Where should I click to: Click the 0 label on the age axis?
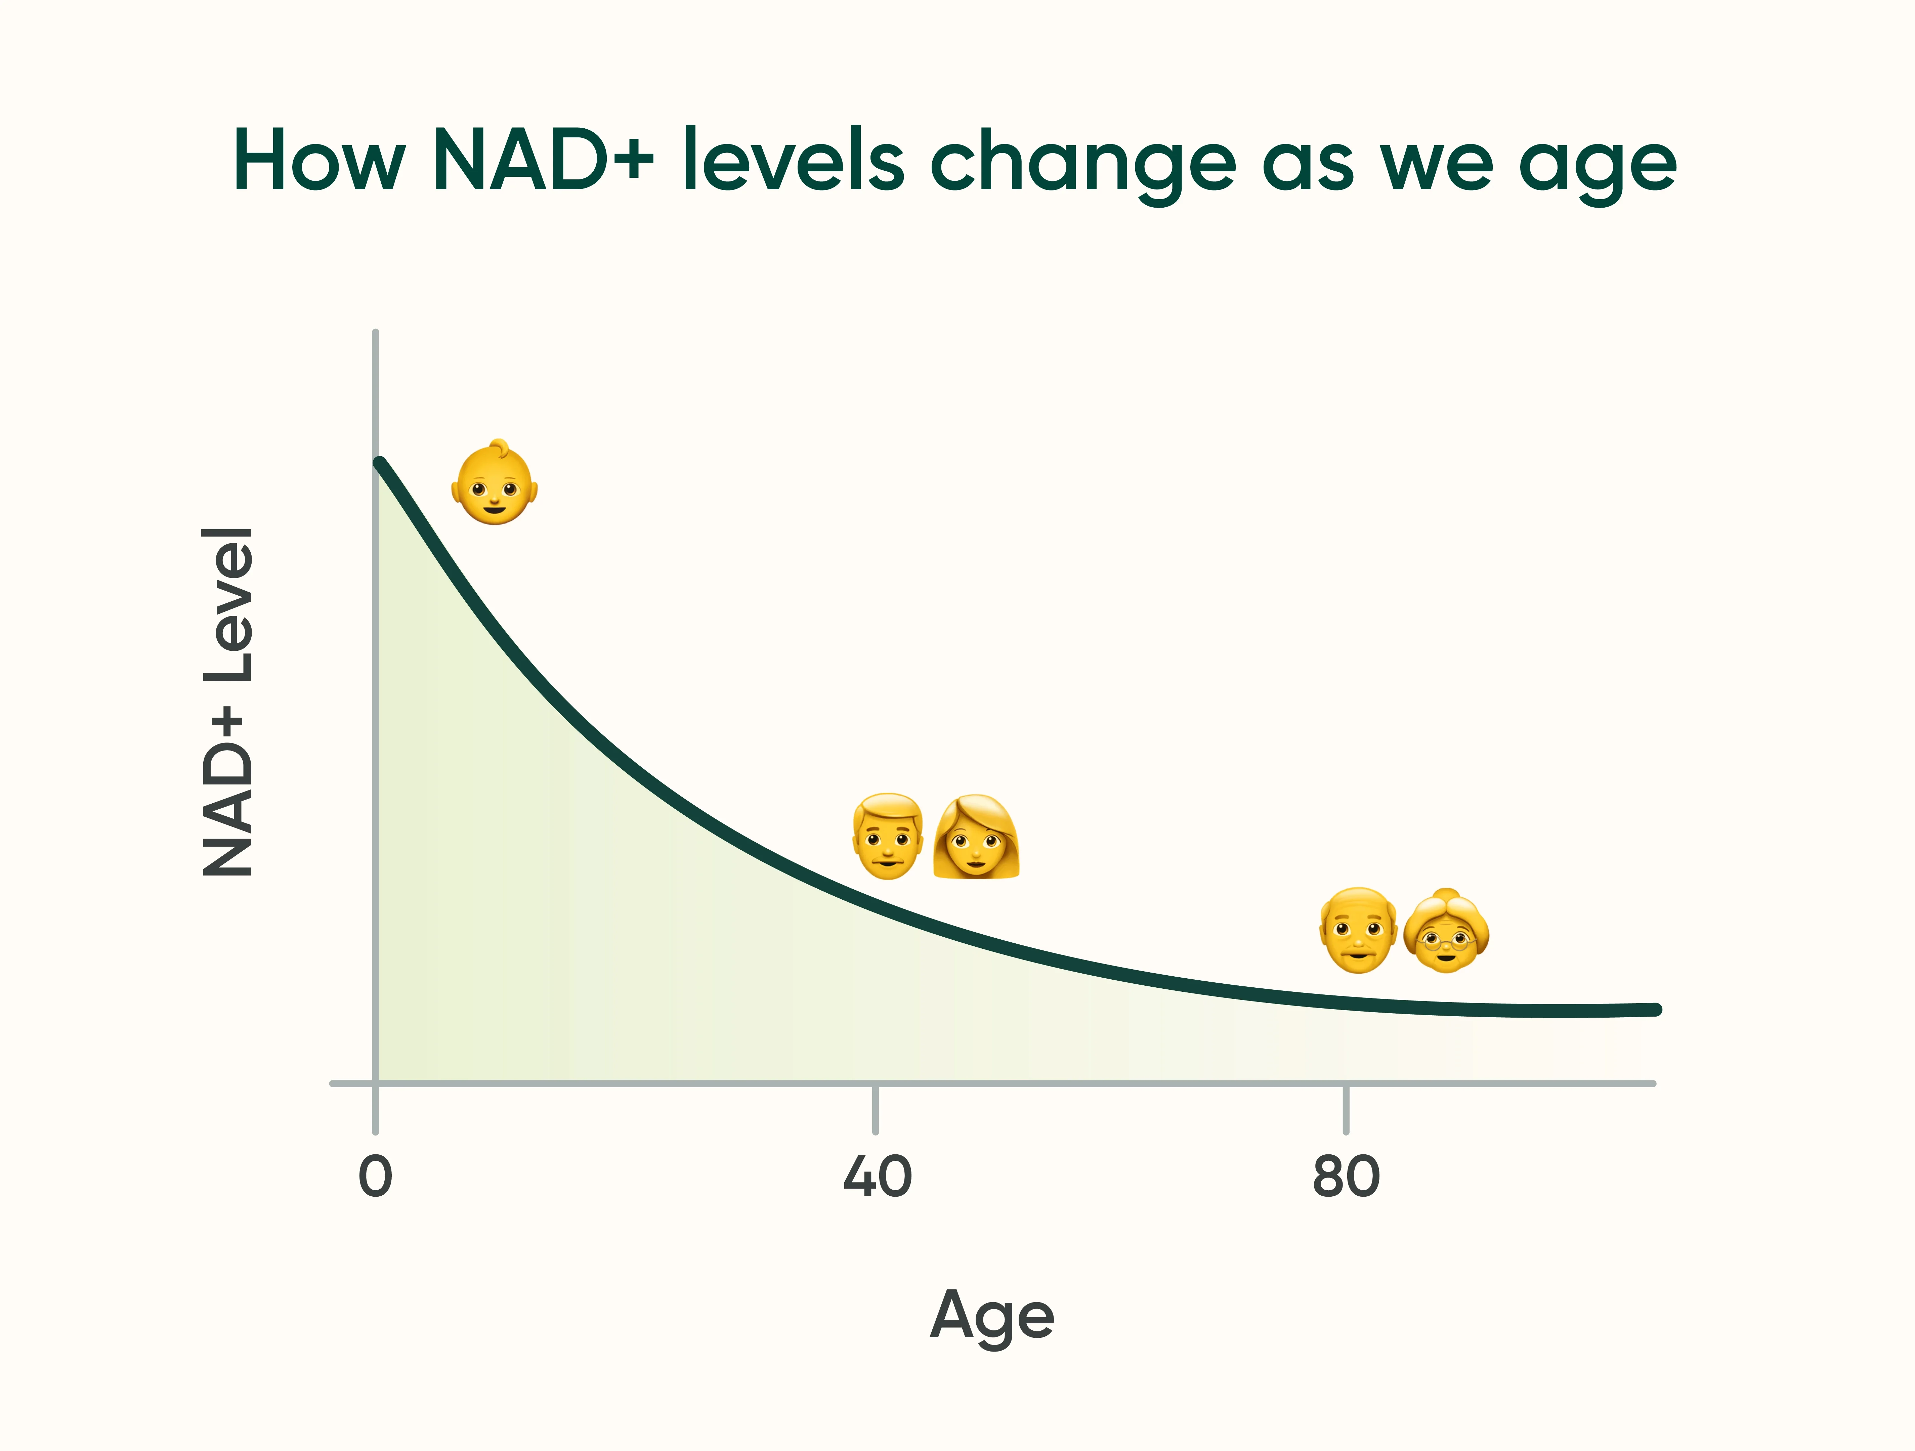tap(375, 1177)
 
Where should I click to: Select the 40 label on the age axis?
tap(877, 1177)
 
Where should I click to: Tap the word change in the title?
tap(1082, 165)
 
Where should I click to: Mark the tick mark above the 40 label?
tap(875, 1108)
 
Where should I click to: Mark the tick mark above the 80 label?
tap(1345, 1108)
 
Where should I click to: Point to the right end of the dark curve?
tap(1655, 1010)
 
